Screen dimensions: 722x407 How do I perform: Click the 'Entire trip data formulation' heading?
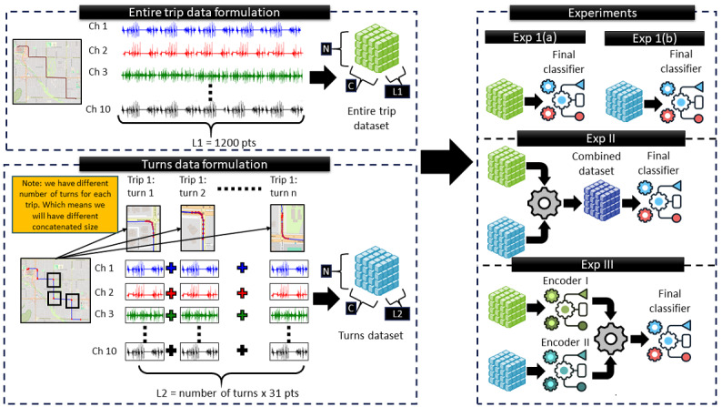pyautogui.click(x=205, y=12)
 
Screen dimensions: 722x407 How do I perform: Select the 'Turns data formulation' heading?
pyautogui.click(x=205, y=164)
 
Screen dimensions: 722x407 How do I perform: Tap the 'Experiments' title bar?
pyautogui.click(x=602, y=13)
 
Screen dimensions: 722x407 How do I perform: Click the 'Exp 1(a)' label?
pyautogui.click(x=535, y=37)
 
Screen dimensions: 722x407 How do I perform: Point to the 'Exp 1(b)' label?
pyautogui.click(x=655, y=38)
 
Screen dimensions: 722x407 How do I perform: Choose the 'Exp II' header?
pyautogui.click(x=601, y=138)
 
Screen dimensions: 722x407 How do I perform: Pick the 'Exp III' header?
pyautogui.click(x=597, y=265)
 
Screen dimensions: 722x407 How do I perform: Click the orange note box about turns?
pyautogui.click(x=65, y=204)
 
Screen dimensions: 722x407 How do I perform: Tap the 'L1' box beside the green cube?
pyautogui.click(x=396, y=91)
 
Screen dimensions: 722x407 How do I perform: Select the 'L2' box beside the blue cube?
pyautogui.click(x=396, y=314)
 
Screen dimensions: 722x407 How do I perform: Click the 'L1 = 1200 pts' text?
pyautogui.click(x=224, y=143)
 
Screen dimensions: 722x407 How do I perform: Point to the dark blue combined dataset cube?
pyautogui.click(x=602, y=201)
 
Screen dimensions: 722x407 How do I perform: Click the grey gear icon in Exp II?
pyautogui.click(x=545, y=203)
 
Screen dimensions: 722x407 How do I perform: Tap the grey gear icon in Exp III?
pyautogui.click(x=610, y=339)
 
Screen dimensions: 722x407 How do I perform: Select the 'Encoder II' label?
pyautogui.click(x=565, y=342)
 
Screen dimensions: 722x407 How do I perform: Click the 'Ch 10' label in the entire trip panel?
pyautogui.click(x=98, y=109)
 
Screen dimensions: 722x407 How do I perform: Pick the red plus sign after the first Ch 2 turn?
pyautogui.click(x=171, y=292)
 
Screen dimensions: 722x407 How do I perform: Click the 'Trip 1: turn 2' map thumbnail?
pyautogui.click(x=197, y=229)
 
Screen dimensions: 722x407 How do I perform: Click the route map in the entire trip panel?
pyautogui.click(x=47, y=71)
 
